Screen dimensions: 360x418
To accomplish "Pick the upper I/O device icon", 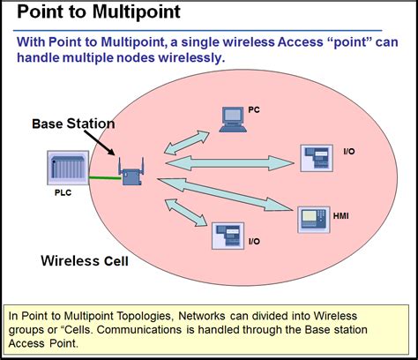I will point(316,158).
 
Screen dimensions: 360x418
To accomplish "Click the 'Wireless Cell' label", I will point(85,262).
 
